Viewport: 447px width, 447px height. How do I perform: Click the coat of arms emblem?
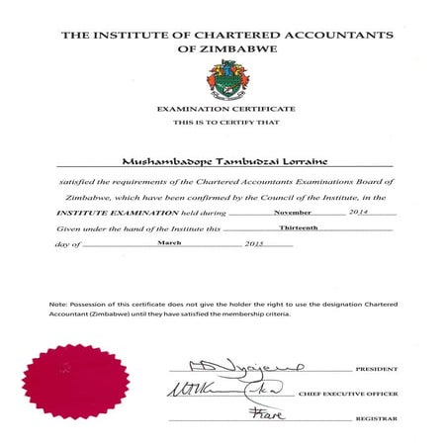[223, 78]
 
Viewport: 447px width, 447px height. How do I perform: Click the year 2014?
[358, 212]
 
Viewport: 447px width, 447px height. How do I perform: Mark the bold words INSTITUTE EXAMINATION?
[106, 213]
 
